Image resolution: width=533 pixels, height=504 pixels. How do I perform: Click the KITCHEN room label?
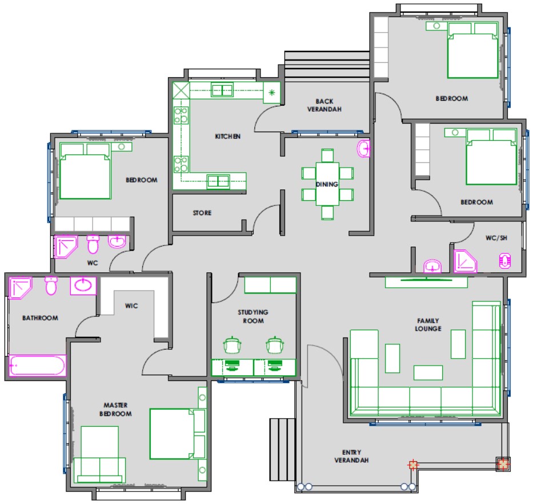(228, 137)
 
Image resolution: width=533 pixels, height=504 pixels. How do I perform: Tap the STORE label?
(202, 213)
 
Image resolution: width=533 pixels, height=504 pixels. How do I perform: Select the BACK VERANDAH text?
(324, 105)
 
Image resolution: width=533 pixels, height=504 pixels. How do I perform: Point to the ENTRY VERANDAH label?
(351, 456)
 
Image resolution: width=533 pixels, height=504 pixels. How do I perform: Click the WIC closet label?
(131, 306)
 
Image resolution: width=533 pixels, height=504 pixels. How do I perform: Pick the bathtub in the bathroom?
(37, 366)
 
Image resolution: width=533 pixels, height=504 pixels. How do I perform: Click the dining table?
(327, 184)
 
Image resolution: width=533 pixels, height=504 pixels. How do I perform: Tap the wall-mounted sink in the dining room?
(363, 149)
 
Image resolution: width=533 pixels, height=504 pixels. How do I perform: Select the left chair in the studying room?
(232, 345)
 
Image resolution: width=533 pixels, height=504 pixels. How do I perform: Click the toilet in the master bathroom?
(51, 285)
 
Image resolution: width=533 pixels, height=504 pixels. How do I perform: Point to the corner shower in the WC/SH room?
(465, 261)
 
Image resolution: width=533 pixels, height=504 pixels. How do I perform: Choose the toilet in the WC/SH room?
(505, 261)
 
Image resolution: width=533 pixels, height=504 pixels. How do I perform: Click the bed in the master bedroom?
(178, 434)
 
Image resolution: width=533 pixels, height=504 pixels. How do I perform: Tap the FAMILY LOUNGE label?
(428, 325)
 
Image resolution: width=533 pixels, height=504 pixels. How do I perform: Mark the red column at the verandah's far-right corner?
(503, 464)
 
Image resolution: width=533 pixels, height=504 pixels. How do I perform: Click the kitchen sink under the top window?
(222, 90)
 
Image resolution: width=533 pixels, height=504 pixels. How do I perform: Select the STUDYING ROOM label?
(253, 316)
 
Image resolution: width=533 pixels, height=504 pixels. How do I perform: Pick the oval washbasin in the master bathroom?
(83, 285)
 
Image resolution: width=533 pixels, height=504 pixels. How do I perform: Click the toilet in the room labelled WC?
(93, 244)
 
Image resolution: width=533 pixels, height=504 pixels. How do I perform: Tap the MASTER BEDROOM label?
(115, 410)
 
